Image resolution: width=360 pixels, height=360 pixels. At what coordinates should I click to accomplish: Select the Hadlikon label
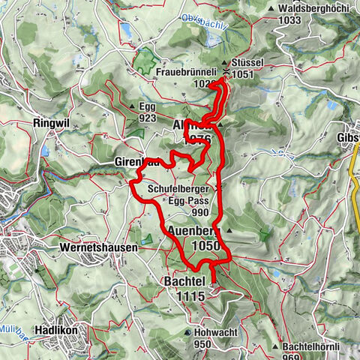click(62, 330)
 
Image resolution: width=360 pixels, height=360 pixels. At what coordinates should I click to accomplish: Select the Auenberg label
click(195, 230)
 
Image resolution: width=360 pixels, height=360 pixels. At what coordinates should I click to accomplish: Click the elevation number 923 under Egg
click(147, 118)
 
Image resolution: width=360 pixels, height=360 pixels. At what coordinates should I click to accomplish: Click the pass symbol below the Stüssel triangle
click(226, 73)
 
